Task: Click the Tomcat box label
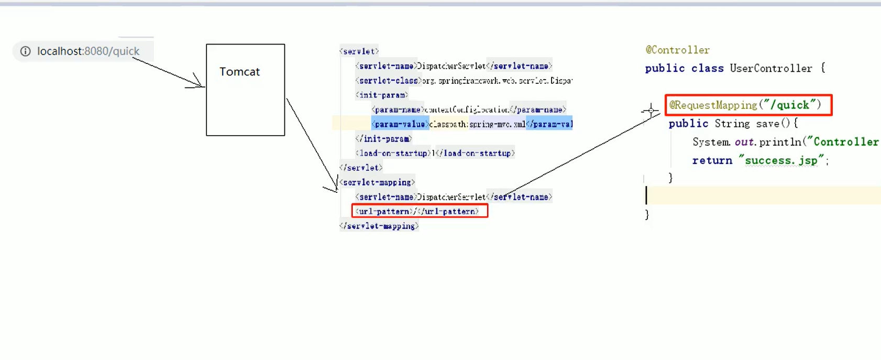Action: click(x=239, y=72)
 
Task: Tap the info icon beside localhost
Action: click(x=25, y=51)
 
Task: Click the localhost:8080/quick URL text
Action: click(x=88, y=51)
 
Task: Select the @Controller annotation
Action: click(x=677, y=50)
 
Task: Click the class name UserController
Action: click(x=770, y=68)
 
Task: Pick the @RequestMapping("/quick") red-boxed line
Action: click(x=745, y=105)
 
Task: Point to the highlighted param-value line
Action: click(x=471, y=124)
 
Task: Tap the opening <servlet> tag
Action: click(x=359, y=51)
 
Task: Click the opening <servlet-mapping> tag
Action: click(x=377, y=182)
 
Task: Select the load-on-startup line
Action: click(x=435, y=153)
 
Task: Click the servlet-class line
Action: click(x=464, y=81)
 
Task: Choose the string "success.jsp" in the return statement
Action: click(x=781, y=160)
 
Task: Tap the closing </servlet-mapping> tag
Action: click(x=379, y=226)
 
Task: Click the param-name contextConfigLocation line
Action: click(x=469, y=110)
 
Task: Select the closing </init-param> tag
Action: click(x=383, y=138)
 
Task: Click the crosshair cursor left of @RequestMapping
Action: click(x=651, y=110)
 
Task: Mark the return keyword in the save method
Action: click(x=712, y=160)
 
